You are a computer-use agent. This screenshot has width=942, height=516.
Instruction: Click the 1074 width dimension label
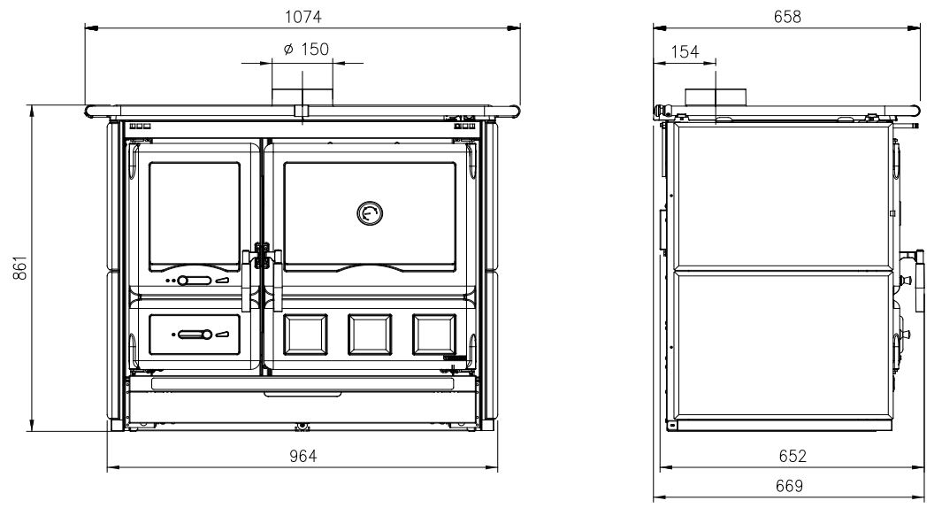[303, 16]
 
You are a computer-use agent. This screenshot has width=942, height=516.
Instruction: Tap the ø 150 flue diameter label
[306, 49]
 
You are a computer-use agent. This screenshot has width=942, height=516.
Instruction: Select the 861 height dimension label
[19, 268]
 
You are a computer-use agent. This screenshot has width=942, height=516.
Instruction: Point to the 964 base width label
[303, 456]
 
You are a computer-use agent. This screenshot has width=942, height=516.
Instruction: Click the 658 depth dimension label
[787, 16]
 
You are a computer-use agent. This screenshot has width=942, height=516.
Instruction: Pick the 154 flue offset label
[685, 51]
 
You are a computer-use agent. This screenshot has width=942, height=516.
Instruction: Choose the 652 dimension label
[793, 456]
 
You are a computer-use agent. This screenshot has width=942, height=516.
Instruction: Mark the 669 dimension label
[789, 485]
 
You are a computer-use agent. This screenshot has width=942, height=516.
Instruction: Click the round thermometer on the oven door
[370, 213]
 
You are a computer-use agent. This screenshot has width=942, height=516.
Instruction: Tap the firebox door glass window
[194, 217]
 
